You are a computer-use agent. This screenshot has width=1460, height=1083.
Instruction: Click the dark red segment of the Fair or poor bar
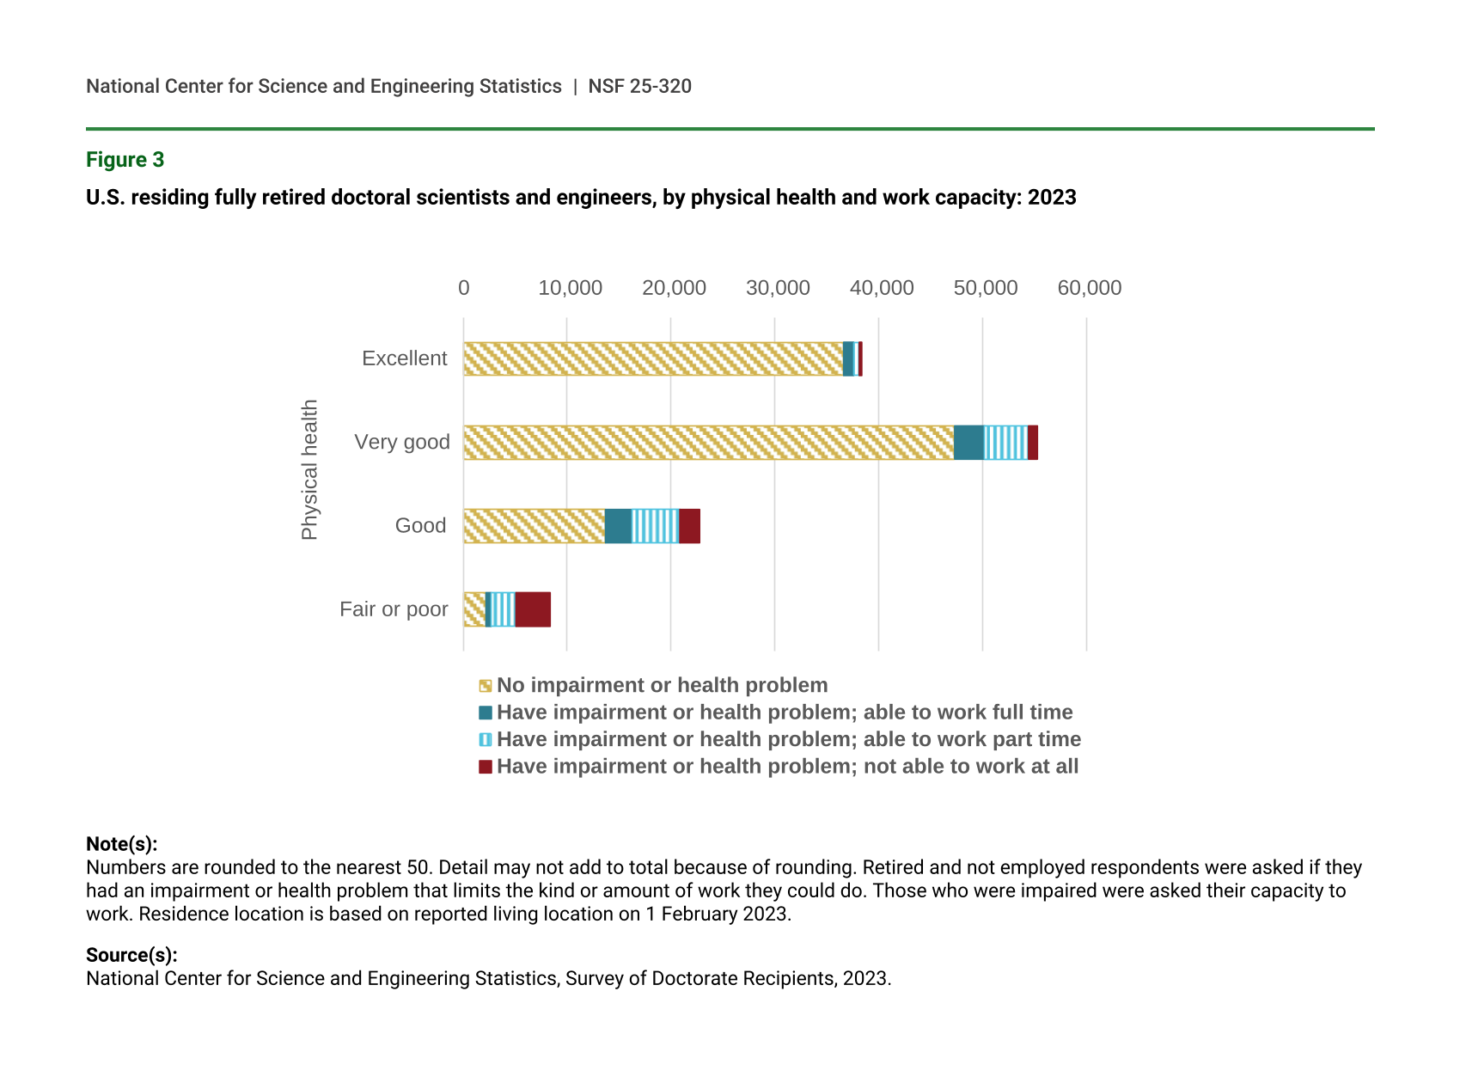[533, 609]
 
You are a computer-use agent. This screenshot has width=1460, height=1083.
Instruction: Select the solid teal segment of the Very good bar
[968, 443]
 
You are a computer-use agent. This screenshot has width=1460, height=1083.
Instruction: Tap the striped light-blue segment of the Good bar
[655, 526]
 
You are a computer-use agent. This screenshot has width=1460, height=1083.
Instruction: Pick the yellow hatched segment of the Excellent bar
[653, 358]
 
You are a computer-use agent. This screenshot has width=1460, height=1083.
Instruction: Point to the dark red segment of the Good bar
[689, 526]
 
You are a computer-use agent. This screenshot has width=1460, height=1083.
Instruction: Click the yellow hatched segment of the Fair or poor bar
[474, 609]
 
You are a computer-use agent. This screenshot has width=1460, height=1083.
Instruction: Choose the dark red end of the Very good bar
[1032, 443]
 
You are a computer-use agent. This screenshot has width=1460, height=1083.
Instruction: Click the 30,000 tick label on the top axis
[778, 288]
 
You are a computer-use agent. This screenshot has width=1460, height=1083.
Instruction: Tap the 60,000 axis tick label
[1089, 288]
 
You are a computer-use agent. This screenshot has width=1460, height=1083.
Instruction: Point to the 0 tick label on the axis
[464, 288]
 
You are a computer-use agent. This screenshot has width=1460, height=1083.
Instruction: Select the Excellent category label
[404, 358]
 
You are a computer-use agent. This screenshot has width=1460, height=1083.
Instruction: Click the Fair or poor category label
[394, 609]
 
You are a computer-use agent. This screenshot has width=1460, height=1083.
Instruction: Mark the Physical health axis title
[309, 469]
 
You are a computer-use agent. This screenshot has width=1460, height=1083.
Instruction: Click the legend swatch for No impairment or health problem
[486, 686]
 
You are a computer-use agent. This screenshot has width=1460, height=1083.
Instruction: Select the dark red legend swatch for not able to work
[486, 767]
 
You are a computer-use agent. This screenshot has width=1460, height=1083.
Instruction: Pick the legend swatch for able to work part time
[486, 740]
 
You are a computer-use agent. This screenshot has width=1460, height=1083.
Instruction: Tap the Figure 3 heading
[125, 160]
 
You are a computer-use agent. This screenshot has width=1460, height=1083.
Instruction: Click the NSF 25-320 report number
[639, 86]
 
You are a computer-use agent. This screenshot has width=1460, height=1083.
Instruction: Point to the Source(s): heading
[131, 955]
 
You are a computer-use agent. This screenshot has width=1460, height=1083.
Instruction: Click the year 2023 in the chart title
[1052, 198]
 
